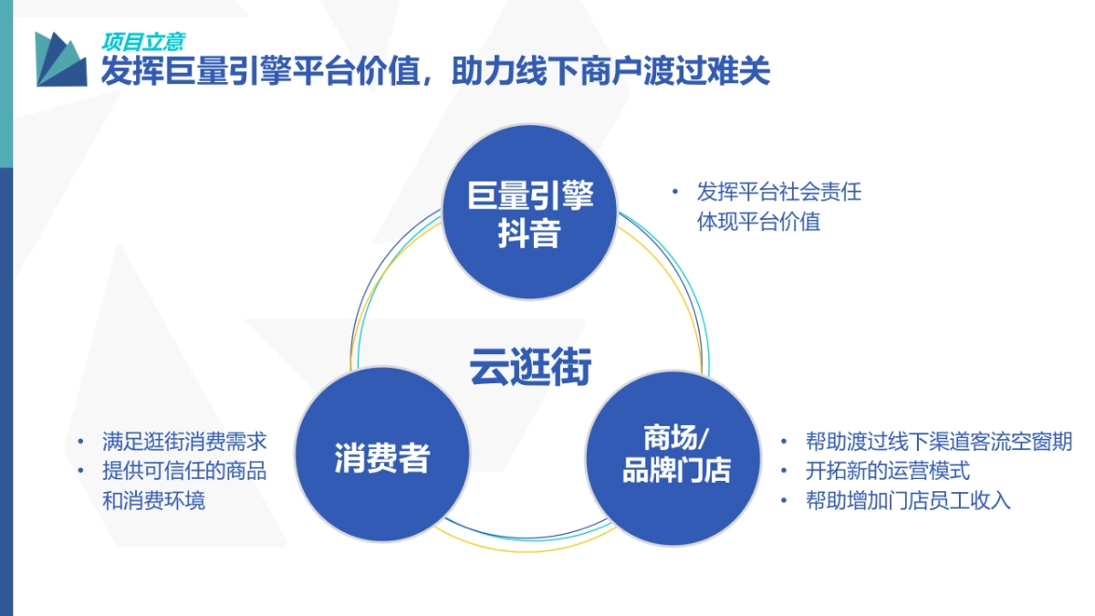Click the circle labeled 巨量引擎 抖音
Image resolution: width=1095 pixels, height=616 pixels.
tap(530, 212)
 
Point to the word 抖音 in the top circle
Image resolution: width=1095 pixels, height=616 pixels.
tap(530, 235)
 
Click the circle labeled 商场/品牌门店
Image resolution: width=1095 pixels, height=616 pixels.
tap(673, 456)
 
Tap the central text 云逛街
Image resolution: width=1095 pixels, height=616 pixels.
tap(530, 367)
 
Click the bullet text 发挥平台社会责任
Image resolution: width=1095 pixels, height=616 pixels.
tap(778, 193)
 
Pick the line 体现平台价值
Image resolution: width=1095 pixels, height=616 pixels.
tap(758, 222)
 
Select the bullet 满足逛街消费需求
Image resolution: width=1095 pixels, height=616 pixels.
tap(184, 442)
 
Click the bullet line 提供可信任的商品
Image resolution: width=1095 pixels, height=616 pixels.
tap(184, 471)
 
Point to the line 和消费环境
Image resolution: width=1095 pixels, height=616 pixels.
tap(153, 500)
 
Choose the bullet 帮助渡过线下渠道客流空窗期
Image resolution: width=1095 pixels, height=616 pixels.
tap(938, 442)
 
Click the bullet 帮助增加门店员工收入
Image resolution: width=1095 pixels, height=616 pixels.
tap(907, 500)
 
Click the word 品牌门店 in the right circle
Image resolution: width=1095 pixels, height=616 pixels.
tap(676, 472)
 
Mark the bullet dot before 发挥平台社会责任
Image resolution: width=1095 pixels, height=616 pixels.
tap(675, 193)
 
